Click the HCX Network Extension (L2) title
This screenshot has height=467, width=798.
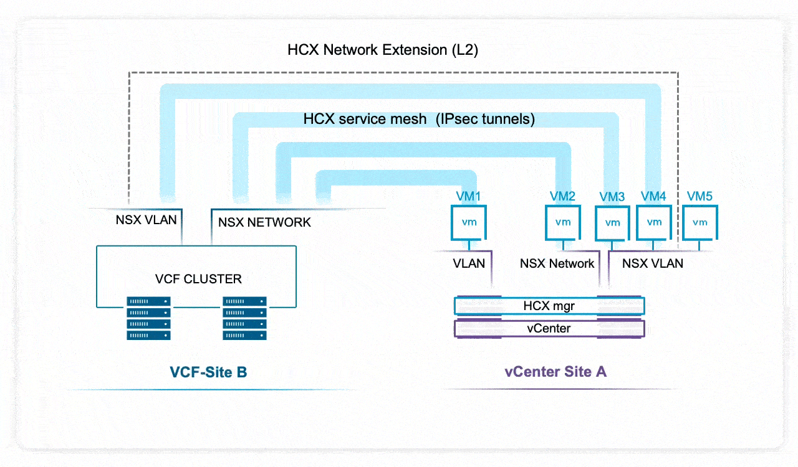point(383,50)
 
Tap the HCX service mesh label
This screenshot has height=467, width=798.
point(419,119)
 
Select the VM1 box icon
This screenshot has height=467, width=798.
point(469,223)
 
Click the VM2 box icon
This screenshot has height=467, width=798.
point(563,222)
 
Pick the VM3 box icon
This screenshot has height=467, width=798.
point(612,223)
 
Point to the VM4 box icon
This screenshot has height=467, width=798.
point(654,222)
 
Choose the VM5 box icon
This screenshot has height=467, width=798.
point(699,222)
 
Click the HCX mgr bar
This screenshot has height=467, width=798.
point(549,306)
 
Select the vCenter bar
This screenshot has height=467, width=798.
point(549,328)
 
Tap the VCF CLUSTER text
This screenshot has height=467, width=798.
point(198,278)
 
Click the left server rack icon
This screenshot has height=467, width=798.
point(148,318)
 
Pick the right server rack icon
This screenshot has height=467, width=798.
point(245,318)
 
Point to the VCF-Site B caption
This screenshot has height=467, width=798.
point(208,372)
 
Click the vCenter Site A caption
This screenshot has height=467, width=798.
point(555,372)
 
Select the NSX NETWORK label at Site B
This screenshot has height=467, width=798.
point(264,222)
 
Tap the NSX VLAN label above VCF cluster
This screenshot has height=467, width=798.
point(146,220)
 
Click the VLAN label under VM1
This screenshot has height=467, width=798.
point(469,263)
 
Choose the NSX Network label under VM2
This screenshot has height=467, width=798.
point(557,263)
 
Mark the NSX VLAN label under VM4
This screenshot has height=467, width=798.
point(653,263)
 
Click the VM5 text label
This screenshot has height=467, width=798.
point(699,197)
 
